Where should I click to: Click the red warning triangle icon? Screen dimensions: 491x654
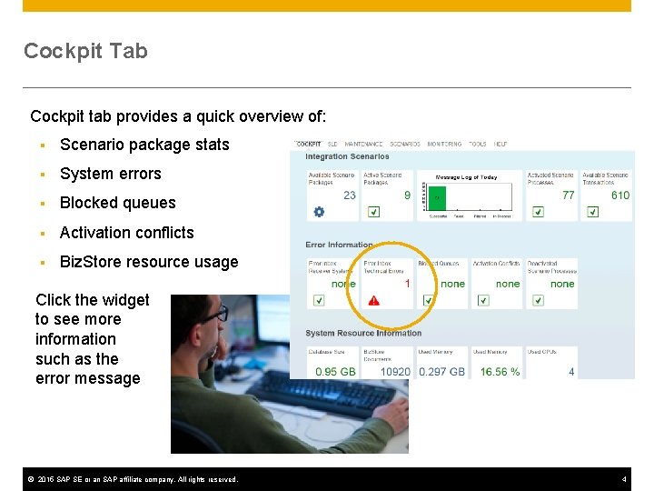pos(373,300)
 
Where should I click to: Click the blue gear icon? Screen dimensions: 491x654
pos(319,212)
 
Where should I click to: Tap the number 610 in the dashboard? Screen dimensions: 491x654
pos(620,195)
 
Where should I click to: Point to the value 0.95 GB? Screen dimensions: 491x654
pos(335,371)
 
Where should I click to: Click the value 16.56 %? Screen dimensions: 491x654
pos(500,371)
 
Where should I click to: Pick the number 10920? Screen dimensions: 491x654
pos(395,371)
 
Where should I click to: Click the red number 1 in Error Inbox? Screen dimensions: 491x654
pos(407,284)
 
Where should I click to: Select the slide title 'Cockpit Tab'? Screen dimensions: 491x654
pos(85,51)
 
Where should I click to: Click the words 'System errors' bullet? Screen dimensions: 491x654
pos(110,174)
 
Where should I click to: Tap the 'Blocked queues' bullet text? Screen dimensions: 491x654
pos(117,203)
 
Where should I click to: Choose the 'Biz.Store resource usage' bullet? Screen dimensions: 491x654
pos(149,262)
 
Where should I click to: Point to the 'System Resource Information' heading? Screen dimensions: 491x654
pos(363,333)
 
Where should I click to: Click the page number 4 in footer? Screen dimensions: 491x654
pos(624,479)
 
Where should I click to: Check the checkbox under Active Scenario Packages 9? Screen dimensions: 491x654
pos(373,212)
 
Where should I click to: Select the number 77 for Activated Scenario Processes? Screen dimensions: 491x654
pos(568,195)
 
